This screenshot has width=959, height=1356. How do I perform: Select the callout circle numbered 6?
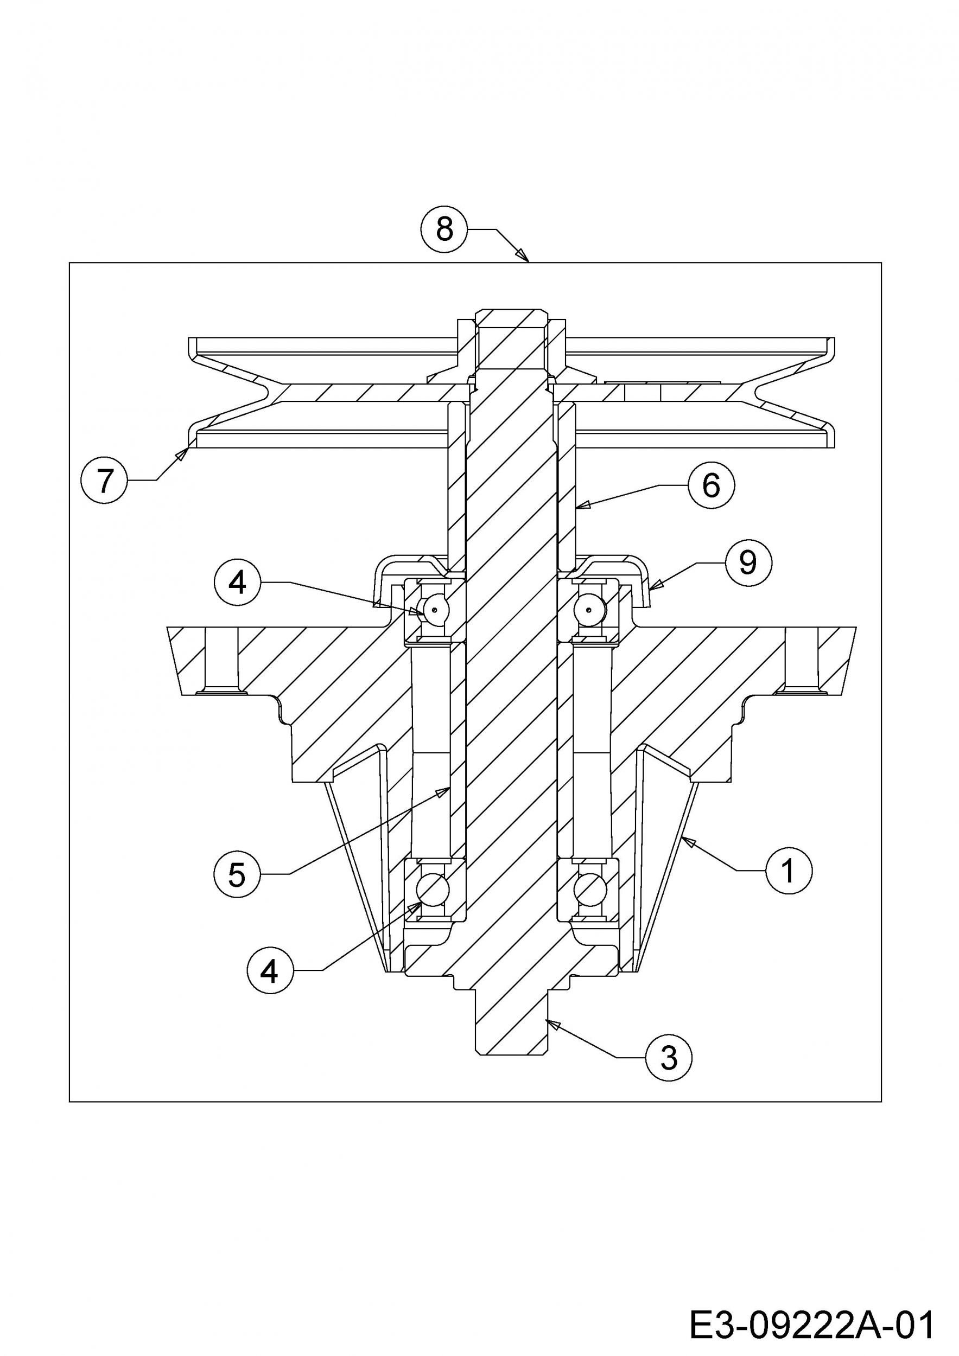click(711, 485)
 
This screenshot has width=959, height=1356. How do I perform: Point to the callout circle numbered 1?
click(789, 870)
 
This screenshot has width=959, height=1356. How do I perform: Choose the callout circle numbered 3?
click(669, 1057)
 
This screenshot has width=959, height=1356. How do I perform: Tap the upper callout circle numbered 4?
click(238, 583)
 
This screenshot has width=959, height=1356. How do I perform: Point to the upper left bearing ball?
click(433, 610)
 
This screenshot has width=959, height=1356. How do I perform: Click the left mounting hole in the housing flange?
click(221, 661)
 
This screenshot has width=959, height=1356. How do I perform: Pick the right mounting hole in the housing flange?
click(801, 661)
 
